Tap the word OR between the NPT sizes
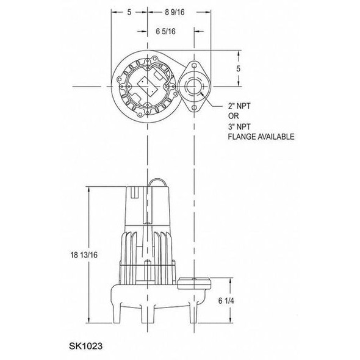click(x=234, y=117)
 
